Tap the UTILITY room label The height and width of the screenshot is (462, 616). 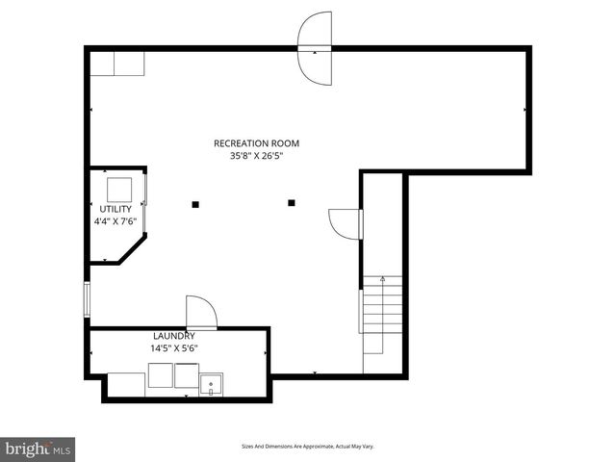(x=115, y=209)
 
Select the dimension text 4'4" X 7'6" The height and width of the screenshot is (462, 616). (x=115, y=221)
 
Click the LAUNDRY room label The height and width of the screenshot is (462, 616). (x=173, y=336)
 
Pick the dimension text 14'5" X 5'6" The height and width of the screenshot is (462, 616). (x=173, y=348)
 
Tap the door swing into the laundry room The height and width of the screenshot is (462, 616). (x=200, y=312)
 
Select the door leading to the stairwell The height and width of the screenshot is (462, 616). (x=346, y=223)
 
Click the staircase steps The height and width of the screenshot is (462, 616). (x=382, y=313)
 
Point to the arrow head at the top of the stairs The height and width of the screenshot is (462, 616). (x=382, y=279)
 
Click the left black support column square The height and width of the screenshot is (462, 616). (x=195, y=203)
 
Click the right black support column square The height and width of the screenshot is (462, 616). (x=292, y=203)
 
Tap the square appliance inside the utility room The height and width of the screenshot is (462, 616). (x=119, y=189)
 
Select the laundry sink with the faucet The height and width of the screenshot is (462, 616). (x=211, y=386)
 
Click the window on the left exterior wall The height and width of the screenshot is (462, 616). (x=87, y=299)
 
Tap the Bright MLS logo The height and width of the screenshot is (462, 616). (x=38, y=448)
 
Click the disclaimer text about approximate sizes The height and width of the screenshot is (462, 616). (x=307, y=447)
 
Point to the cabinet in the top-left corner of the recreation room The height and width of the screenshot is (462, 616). (x=117, y=64)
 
